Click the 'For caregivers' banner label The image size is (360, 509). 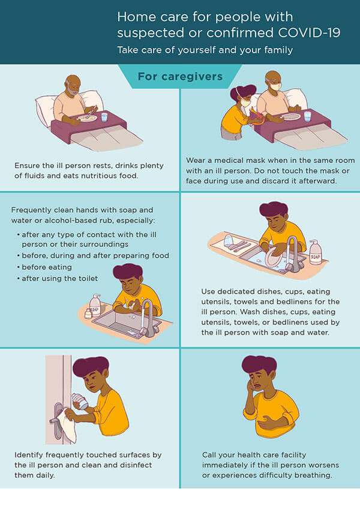click(180, 77)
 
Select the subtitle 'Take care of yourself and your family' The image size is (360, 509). click(205, 50)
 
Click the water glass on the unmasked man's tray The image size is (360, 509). click(104, 117)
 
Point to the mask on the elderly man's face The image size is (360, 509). click(275, 87)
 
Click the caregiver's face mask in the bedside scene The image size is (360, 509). click(245, 103)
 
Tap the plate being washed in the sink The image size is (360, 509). click(273, 257)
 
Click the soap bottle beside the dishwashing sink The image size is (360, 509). click(315, 252)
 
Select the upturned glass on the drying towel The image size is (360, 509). click(229, 240)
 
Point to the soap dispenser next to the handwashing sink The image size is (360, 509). click(95, 305)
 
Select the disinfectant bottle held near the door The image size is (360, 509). click(80, 402)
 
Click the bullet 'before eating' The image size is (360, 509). click(47, 267)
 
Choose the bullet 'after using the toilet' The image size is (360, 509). click(60, 279)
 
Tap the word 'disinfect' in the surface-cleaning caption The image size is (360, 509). click(136, 465)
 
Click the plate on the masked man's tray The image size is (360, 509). click(290, 117)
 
